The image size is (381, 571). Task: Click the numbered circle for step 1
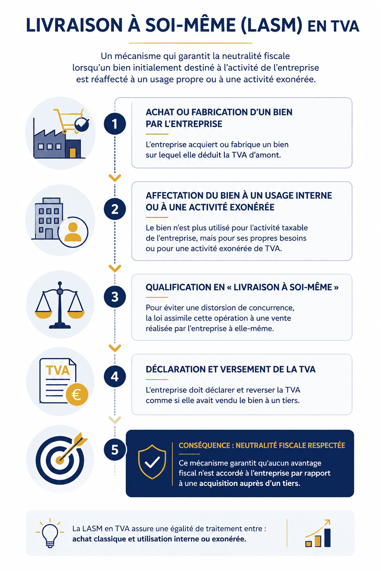[115, 124]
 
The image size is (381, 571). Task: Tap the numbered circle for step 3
[115, 297]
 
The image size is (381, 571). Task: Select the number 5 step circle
[115, 450]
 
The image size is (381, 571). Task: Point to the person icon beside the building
[73, 232]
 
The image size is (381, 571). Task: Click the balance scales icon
[60, 305]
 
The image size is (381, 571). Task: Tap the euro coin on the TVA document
[77, 394]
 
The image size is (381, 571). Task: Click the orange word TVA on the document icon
[58, 371]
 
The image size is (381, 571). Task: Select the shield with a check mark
[152, 462]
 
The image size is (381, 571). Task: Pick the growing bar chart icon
[318, 533]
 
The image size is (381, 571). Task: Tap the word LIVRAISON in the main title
[74, 26]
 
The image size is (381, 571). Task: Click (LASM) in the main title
[271, 26]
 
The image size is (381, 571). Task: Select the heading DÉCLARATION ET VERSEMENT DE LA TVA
[230, 370]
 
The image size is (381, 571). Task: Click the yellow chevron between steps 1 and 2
[115, 178]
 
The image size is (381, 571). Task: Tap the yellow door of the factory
[73, 153]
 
